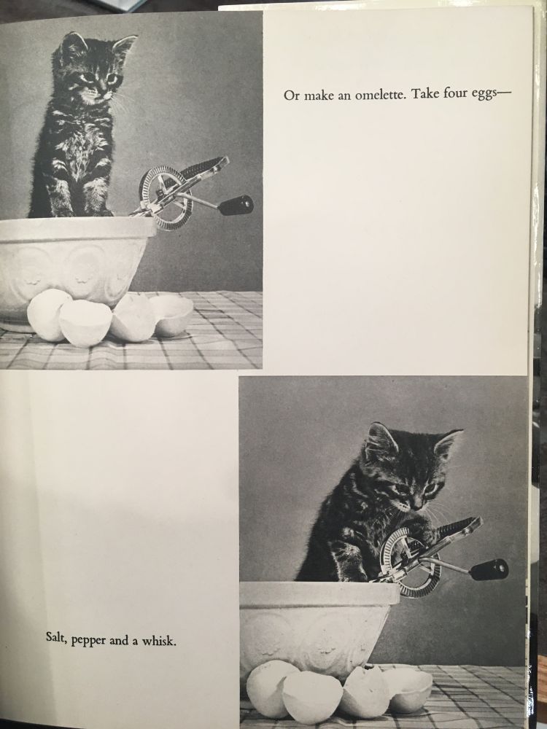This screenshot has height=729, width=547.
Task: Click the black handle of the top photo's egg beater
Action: point(236,205)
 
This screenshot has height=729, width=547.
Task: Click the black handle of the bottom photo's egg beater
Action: point(489,569)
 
